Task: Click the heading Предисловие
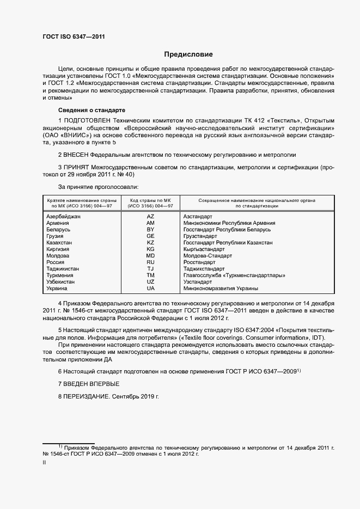click(189, 54)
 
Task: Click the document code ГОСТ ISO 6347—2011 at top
click(74, 37)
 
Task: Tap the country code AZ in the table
click(150, 217)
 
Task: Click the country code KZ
click(150, 243)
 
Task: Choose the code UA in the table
click(150, 289)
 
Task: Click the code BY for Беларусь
click(150, 230)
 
